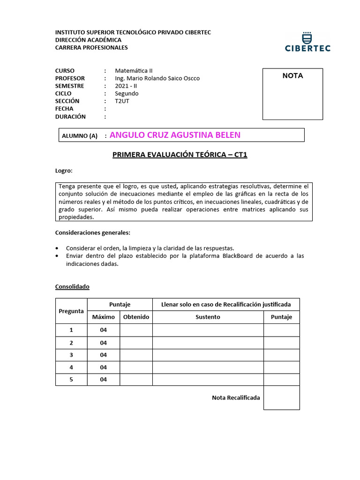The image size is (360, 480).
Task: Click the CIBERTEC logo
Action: (x=307, y=41)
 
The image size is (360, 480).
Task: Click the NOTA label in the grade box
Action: (x=292, y=76)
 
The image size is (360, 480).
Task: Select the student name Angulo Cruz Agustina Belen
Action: (x=175, y=135)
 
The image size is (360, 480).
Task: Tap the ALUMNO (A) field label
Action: (x=80, y=136)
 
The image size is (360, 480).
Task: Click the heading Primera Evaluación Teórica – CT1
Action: (x=180, y=155)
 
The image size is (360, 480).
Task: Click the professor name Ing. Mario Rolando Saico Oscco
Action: (x=157, y=78)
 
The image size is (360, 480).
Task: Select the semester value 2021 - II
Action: (x=126, y=86)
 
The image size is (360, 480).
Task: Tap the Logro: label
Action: (x=64, y=171)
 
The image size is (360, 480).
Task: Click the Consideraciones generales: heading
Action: (x=93, y=232)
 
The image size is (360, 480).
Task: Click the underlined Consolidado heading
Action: (x=72, y=286)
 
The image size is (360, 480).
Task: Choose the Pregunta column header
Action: (x=71, y=311)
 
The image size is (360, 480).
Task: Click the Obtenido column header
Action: (x=136, y=317)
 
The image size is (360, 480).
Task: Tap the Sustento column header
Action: (x=208, y=317)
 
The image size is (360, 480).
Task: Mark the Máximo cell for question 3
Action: (x=103, y=355)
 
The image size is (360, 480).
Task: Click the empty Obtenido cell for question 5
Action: (x=136, y=379)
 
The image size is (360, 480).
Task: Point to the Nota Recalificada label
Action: (x=236, y=398)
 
